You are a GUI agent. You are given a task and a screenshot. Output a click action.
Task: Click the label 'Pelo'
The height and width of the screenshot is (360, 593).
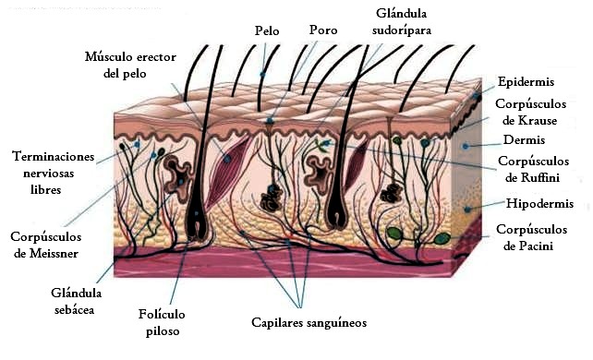point(266,31)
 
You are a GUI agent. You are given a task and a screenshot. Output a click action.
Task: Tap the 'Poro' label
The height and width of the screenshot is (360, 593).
point(323,31)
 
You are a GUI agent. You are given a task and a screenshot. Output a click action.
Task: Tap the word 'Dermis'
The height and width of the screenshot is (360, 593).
point(522,140)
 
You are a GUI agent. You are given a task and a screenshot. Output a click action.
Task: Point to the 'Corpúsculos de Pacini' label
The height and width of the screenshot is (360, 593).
point(529,237)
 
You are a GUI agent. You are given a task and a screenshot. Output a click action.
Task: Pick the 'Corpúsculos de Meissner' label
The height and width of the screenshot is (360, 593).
point(45,244)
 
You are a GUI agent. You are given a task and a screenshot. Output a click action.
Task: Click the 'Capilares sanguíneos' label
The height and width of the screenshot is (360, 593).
point(309,323)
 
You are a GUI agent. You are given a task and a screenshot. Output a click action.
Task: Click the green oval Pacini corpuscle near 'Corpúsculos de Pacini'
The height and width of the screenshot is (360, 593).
point(441,238)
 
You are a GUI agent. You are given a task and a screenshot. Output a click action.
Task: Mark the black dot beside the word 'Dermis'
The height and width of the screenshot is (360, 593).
point(467,145)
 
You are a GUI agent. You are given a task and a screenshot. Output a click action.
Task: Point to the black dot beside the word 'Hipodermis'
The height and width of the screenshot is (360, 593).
point(467,210)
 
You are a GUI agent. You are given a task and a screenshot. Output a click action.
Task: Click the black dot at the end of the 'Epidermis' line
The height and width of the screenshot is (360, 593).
point(478,96)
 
